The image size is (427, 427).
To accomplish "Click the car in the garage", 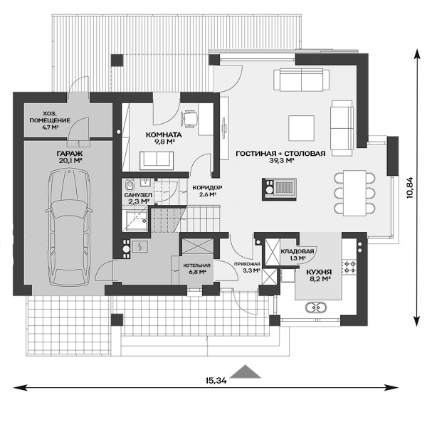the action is [x=69, y=227].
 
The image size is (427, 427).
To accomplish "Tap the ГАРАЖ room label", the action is [x=70, y=153].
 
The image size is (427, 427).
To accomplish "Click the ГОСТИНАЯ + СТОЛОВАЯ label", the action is [x=280, y=153].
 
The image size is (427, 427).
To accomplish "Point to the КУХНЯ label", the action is [x=319, y=272].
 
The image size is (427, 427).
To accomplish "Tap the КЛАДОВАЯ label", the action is [x=297, y=251].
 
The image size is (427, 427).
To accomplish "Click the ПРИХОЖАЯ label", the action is [x=247, y=264].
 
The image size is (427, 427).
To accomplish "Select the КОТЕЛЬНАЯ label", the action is [x=196, y=265].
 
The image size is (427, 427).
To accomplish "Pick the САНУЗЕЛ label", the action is [x=138, y=195].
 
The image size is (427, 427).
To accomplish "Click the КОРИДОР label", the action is [x=207, y=188].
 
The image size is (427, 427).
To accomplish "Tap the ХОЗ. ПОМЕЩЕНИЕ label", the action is [x=50, y=117].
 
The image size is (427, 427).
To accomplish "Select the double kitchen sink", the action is [x=316, y=307].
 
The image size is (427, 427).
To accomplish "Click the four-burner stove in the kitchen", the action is [x=349, y=267].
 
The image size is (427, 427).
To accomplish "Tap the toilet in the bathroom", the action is [x=130, y=186].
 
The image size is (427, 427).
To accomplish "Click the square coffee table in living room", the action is [x=302, y=128].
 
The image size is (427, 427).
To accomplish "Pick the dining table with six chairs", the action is [x=354, y=193].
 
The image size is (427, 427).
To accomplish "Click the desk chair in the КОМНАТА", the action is [x=189, y=118].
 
